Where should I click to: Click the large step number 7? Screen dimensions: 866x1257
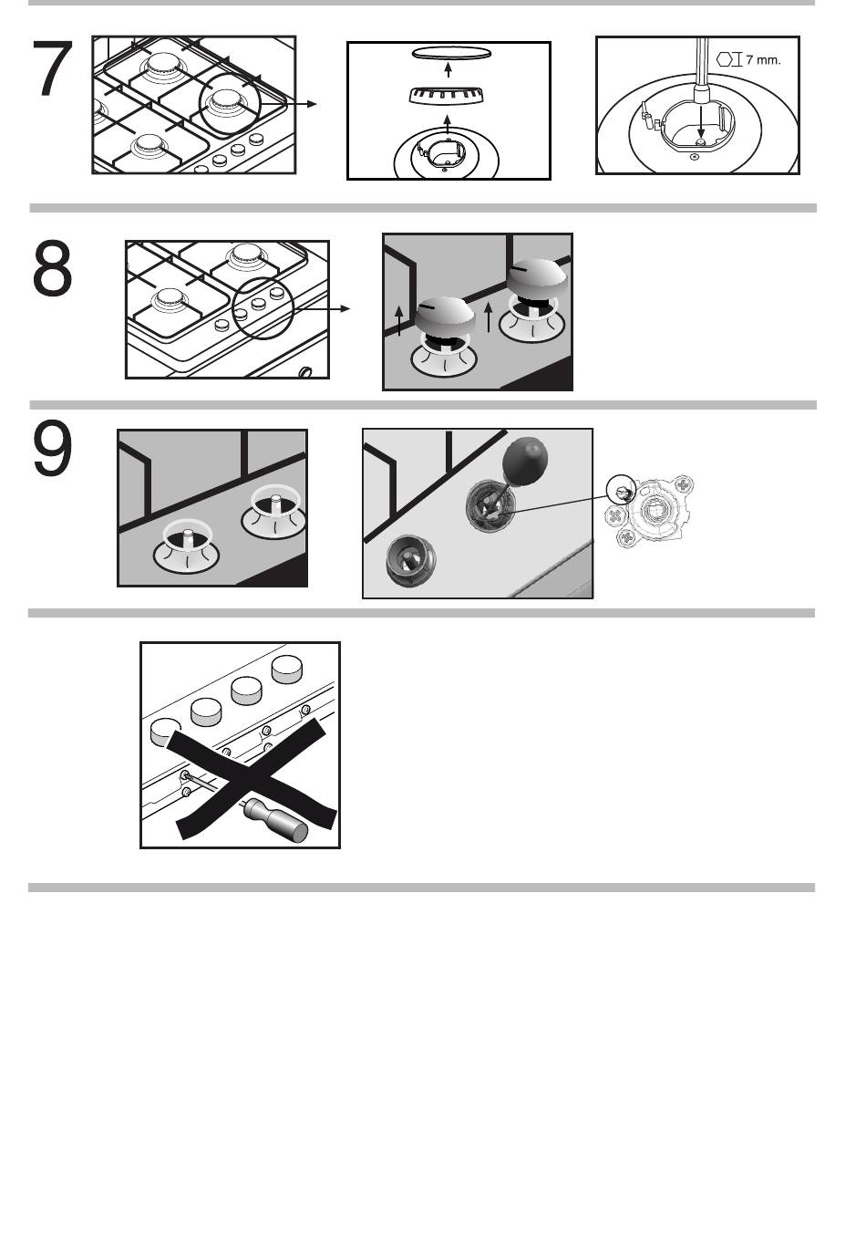(x=54, y=68)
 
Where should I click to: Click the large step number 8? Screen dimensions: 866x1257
(x=52, y=268)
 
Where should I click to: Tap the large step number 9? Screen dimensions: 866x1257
(x=52, y=448)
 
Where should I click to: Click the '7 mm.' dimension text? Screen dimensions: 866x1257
(x=763, y=60)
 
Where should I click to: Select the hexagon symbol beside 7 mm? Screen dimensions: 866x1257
(x=726, y=59)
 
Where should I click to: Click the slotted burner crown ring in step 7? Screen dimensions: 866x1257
(x=447, y=96)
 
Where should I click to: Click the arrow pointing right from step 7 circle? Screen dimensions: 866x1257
(x=288, y=104)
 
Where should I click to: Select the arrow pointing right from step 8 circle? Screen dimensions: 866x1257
(x=321, y=308)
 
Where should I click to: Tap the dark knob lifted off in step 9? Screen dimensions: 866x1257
(x=524, y=461)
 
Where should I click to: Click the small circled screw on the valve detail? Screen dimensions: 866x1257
(x=622, y=489)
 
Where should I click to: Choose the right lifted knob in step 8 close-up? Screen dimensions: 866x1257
(x=537, y=279)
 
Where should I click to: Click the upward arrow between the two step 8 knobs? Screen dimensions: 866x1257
(x=488, y=317)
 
